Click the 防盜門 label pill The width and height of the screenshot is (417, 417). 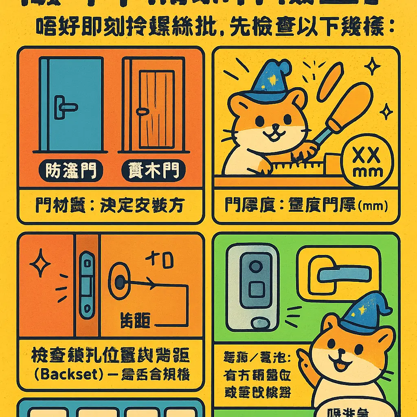click(69, 171)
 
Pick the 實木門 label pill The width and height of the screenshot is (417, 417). click(154, 171)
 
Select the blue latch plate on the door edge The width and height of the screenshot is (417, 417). click(87, 285)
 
